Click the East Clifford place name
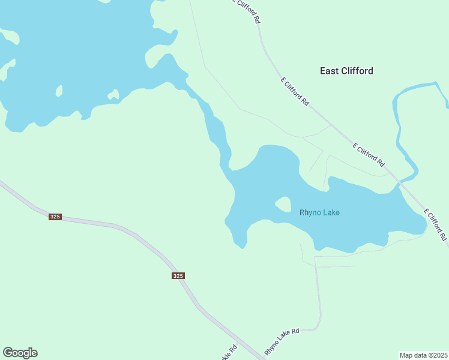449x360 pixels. point(346,71)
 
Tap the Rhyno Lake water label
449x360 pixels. point(324,212)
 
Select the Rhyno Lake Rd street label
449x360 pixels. point(290,340)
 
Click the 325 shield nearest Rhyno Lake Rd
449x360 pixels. point(178,276)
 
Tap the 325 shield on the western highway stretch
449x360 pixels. point(55,217)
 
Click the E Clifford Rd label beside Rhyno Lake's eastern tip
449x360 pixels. point(436,225)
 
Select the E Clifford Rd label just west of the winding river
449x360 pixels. point(369,154)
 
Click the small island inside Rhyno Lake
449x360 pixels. point(283,205)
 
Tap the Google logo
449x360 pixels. point(20,353)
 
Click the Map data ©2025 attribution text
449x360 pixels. point(423,355)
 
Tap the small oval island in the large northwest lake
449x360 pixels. point(59,91)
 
